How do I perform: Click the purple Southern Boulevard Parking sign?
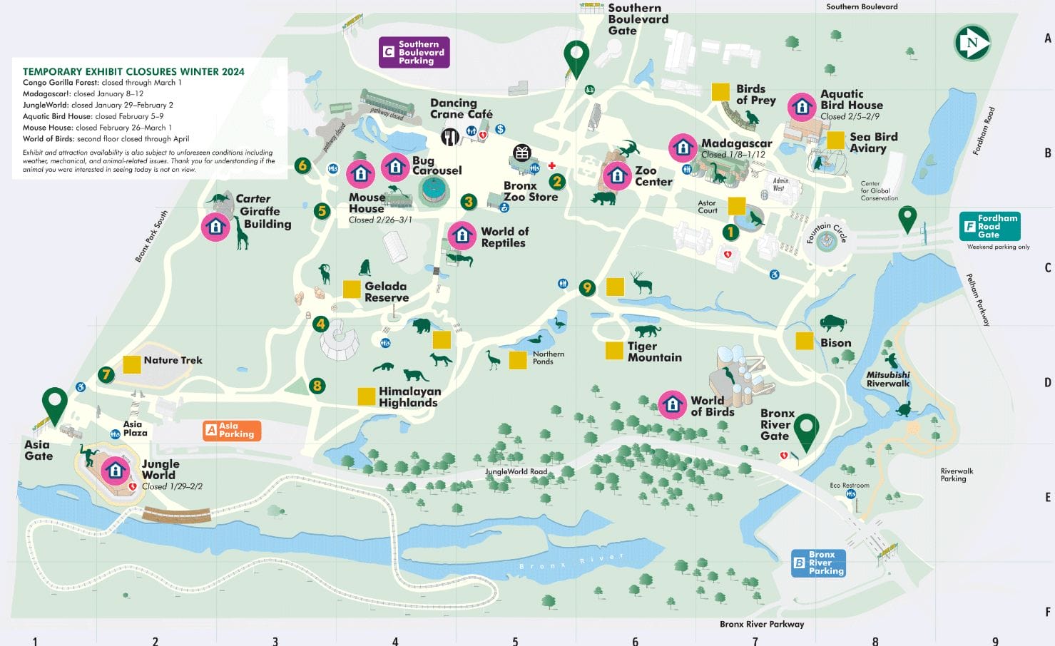(414, 53)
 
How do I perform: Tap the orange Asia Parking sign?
(232, 430)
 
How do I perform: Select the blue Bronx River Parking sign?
(819, 563)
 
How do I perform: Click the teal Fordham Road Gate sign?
(990, 226)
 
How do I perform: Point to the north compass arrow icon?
(972, 43)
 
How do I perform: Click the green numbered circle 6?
(302, 166)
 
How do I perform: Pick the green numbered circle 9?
(587, 287)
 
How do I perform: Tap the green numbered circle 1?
(730, 232)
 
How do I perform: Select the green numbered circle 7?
(106, 374)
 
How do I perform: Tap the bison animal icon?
(832, 324)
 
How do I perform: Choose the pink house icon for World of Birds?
(672, 404)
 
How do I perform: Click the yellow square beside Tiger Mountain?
(614, 351)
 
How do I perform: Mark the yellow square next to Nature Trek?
(132, 364)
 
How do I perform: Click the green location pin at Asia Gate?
(55, 403)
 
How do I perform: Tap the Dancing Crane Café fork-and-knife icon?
(449, 136)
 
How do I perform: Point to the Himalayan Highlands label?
(409, 397)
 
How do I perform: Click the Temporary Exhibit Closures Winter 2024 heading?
(133, 71)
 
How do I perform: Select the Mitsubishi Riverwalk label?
(888, 379)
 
